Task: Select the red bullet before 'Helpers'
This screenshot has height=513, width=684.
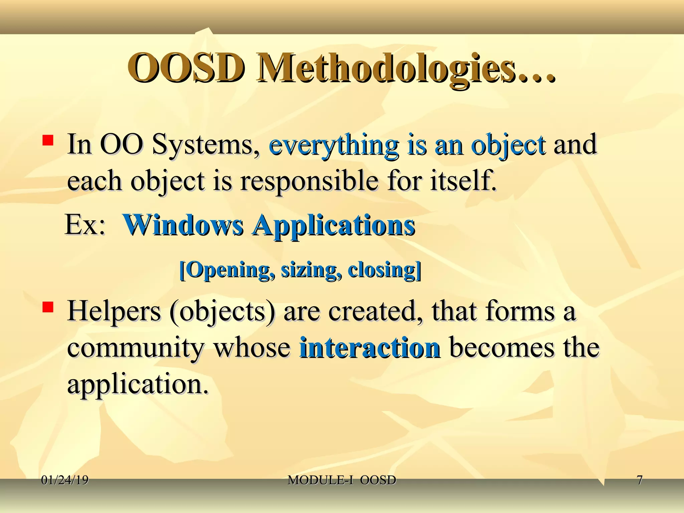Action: [48, 307]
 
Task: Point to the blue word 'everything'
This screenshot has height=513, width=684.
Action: [333, 146]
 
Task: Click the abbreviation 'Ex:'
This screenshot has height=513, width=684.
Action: [85, 225]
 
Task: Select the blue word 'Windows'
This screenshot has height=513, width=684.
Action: [183, 225]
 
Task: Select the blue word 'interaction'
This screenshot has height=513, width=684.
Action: [369, 348]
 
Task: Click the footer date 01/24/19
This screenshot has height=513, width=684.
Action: [65, 480]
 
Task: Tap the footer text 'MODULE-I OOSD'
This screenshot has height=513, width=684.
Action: [342, 480]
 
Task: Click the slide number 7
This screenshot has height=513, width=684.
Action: [639, 480]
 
